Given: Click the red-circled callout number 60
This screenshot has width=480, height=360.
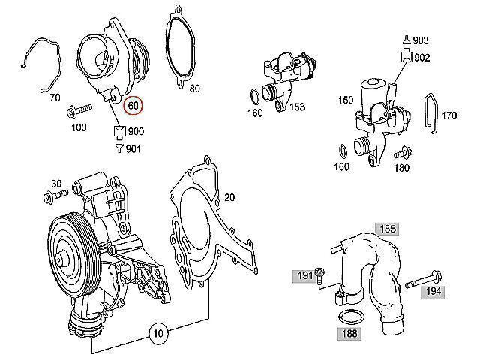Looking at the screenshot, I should [x=133, y=106].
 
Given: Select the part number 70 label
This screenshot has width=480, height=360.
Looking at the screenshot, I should [x=54, y=97].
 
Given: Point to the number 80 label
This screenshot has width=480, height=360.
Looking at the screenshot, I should [x=194, y=89].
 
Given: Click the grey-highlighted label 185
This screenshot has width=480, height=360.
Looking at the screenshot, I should [x=387, y=228].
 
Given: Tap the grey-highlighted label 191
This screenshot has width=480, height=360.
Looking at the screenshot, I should [x=303, y=277].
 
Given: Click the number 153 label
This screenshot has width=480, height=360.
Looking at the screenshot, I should [x=296, y=107].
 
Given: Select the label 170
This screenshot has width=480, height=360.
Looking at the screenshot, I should [x=448, y=115].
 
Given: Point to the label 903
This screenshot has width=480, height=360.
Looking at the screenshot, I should [x=421, y=40].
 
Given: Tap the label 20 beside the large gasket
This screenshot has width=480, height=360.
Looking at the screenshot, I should [x=229, y=197].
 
